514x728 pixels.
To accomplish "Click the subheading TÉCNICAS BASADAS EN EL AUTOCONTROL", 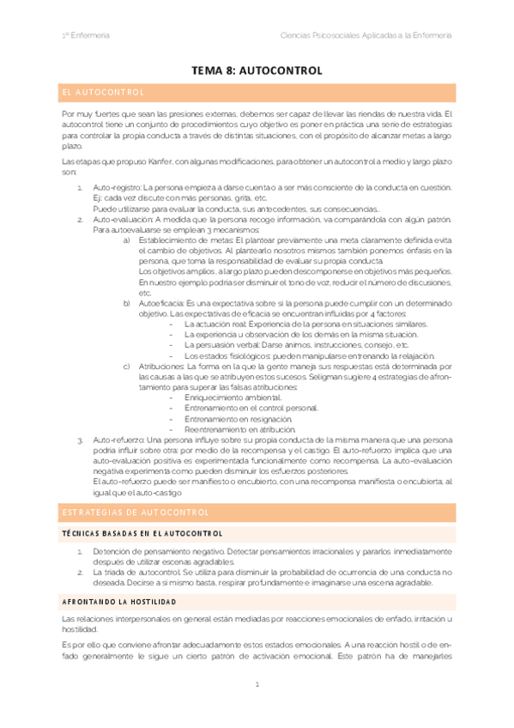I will click(x=142, y=533).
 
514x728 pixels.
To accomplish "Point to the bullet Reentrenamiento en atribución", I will click(x=239, y=429).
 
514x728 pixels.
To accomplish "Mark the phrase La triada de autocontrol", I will click(x=136, y=571).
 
